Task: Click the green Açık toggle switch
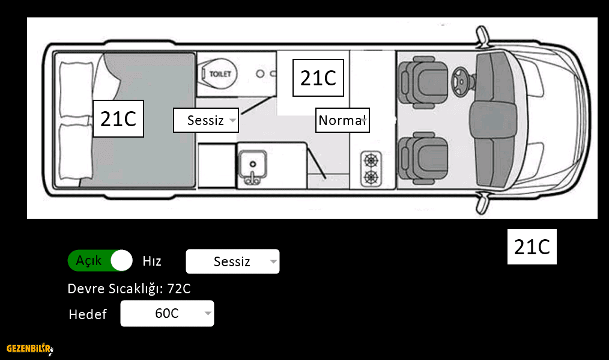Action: point(100,261)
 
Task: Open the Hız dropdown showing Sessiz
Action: point(232,261)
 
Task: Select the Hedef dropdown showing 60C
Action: point(167,313)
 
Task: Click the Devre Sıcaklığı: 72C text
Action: point(129,288)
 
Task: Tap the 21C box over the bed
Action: point(118,119)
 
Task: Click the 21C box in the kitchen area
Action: point(318,78)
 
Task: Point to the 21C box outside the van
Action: point(532,246)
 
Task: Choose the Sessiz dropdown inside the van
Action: point(206,120)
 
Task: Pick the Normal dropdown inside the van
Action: point(342,120)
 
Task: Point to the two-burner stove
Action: point(371,169)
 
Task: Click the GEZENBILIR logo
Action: point(29,349)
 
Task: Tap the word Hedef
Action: point(88,314)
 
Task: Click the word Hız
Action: point(152,261)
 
